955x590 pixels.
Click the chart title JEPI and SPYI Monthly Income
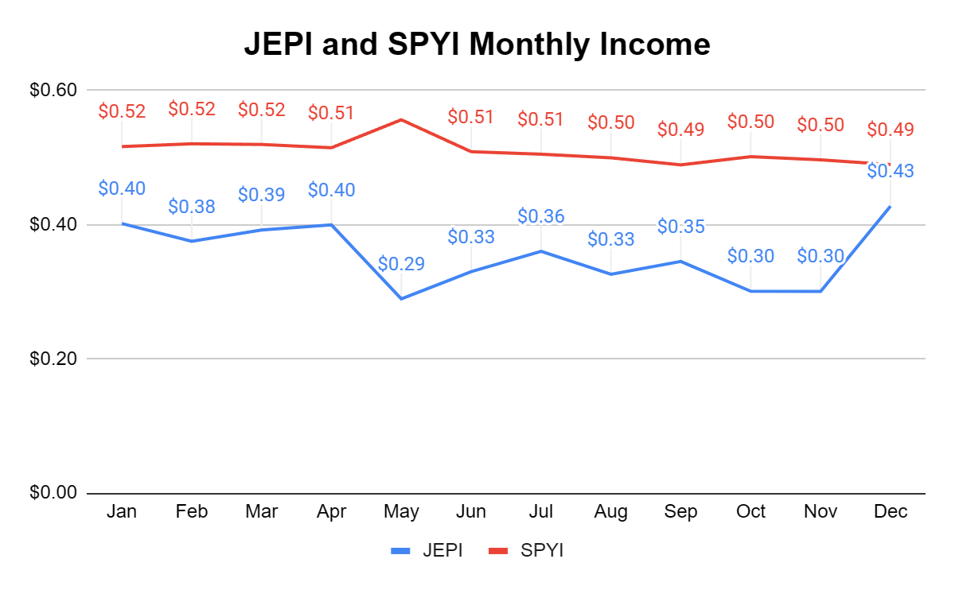coord(477,44)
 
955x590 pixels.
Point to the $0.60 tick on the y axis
coord(53,90)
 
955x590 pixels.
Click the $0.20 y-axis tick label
coord(53,359)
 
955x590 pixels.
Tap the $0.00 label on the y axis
coord(53,493)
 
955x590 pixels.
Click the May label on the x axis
coord(401,511)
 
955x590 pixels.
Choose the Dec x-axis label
coord(891,511)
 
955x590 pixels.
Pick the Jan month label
coord(122,511)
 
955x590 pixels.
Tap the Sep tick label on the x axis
coord(680,511)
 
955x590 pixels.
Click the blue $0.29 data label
coord(401,263)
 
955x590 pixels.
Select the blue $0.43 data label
coord(891,171)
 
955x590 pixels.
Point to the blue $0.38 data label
coord(192,207)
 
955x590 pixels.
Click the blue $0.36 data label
coord(541,216)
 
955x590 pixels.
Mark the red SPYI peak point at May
coord(401,120)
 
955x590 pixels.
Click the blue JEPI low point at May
coord(401,298)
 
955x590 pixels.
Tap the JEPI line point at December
coord(891,207)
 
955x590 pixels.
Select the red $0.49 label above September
coord(680,129)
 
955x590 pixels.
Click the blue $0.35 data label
coord(680,227)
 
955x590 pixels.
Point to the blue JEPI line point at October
coord(750,291)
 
